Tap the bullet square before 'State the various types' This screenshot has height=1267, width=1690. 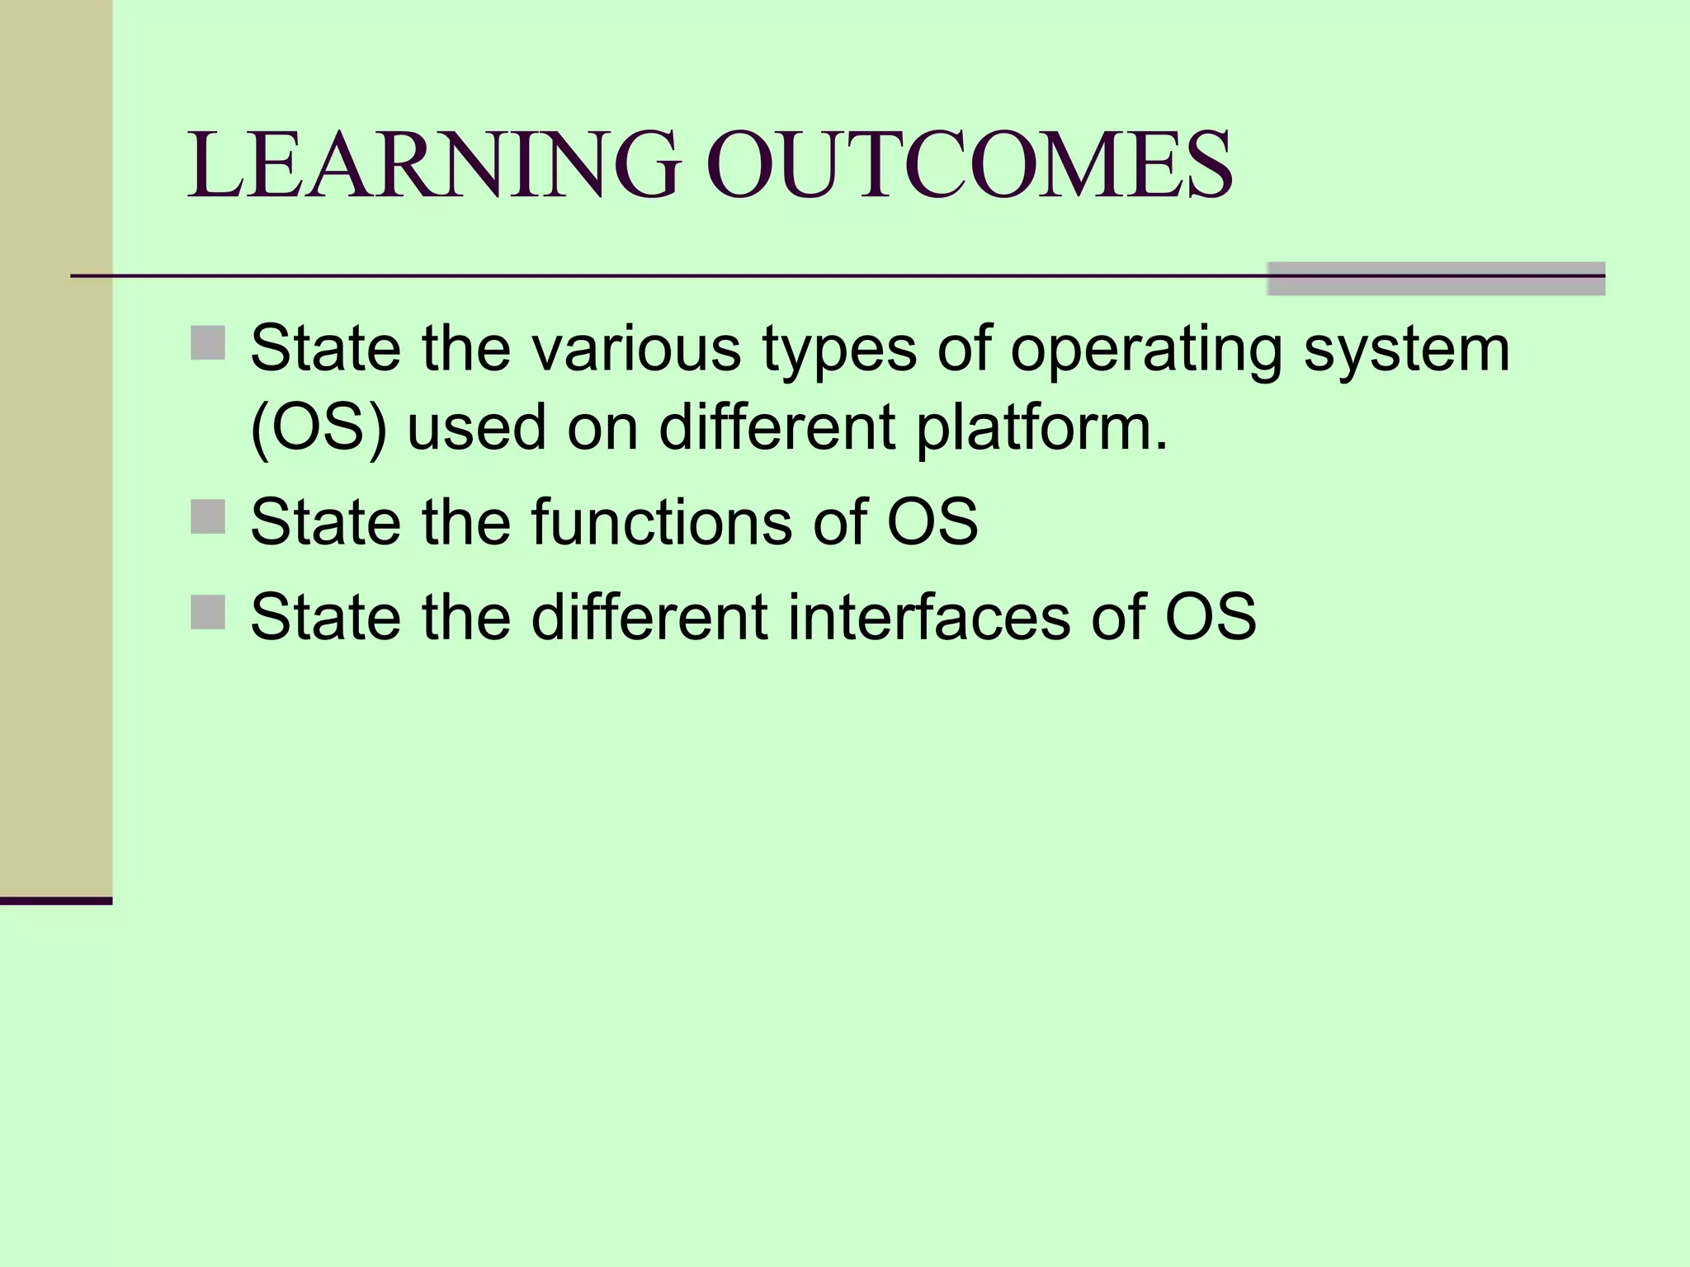tap(208, 343)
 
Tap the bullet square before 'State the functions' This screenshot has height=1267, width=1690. tap(208, 517)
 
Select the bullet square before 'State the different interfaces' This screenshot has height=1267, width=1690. tap(208, 612)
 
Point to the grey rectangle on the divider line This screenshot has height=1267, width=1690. tap(1436, 279)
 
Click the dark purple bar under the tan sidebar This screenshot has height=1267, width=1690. tap(55, 901)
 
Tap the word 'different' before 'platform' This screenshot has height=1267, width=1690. tap(777, 427)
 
